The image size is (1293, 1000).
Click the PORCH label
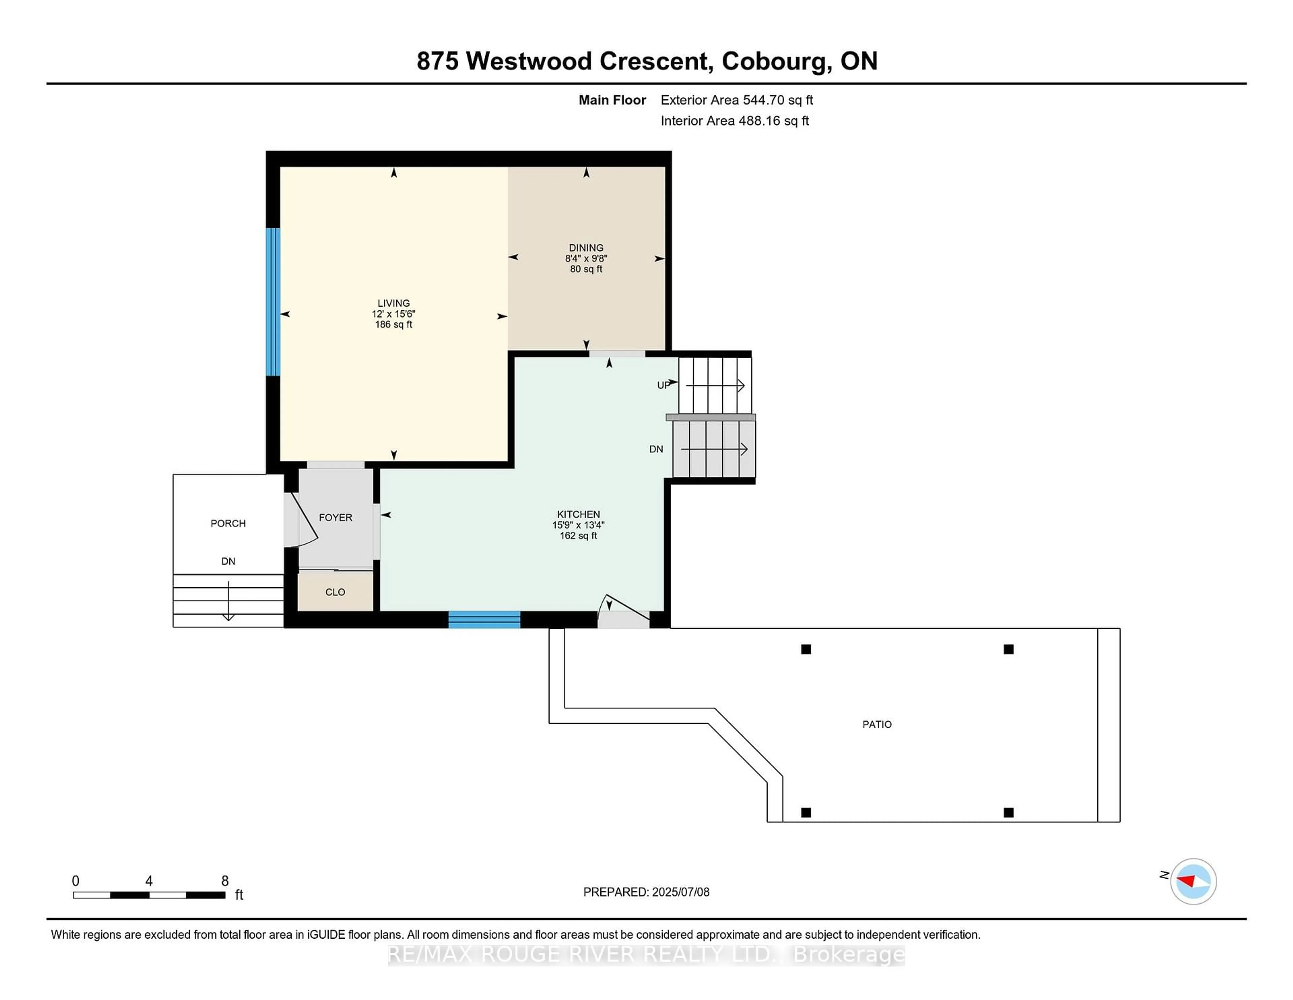[228, 523]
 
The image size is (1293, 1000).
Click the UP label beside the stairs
[663, 385]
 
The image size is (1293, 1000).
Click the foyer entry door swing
[302, 521]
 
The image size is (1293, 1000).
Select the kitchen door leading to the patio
[622, 613]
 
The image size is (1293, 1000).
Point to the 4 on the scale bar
[148, 881]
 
